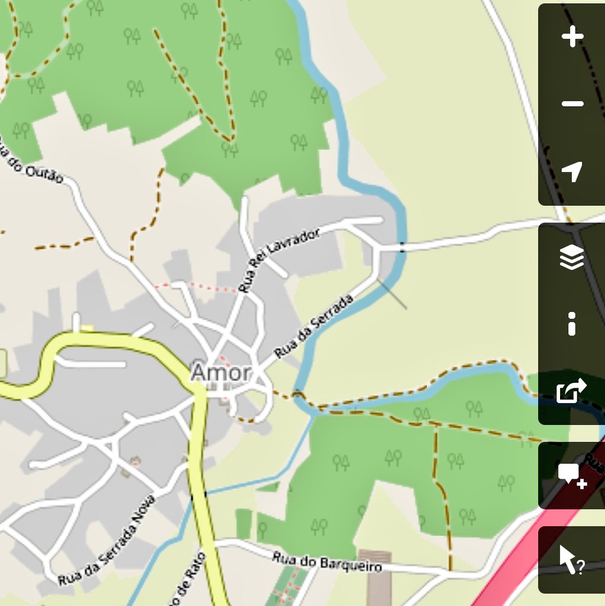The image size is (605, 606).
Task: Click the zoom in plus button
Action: [x=572, y=37]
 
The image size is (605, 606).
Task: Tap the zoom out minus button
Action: [x=572, y=104]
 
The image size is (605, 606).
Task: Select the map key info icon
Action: [x=572, y=324]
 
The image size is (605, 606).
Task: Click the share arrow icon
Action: [x=572, y=391]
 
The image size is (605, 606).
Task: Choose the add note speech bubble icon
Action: [x=572, y=475]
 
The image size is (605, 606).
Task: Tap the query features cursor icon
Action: [x=572, y=560]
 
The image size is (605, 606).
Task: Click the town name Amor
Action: [x=221, y=373]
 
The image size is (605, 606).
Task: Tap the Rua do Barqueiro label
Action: [x=326, y=562]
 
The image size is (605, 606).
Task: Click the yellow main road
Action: [x=201, y=473]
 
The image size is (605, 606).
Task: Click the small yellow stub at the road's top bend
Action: [x=88, y=327]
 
